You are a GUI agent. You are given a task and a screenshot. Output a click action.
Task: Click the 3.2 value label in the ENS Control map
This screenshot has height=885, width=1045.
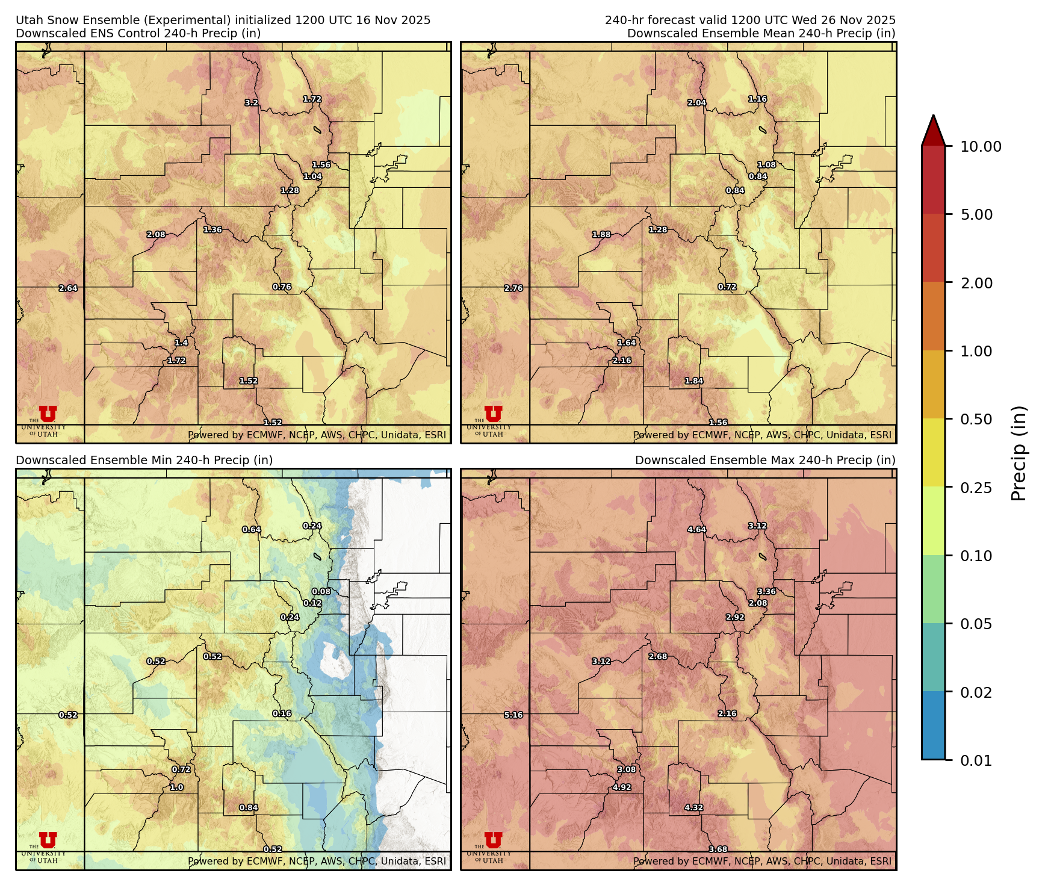(x=251, y=103)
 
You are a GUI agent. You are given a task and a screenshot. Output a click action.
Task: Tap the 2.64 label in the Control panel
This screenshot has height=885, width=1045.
(x=68, y=288)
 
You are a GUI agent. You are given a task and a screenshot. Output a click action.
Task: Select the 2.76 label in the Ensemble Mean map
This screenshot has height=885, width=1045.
(x=513, y=288)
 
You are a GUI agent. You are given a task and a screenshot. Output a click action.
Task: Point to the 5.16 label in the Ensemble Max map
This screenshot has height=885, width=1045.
(x=513, y=715)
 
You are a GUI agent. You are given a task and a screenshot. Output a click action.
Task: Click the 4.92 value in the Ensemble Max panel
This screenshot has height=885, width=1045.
(x=622, y=787)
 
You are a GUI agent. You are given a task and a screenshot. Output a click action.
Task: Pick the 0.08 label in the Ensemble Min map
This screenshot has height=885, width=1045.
(x=321, y=592)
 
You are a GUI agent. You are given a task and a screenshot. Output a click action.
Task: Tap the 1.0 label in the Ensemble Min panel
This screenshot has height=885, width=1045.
(x=176, y=787)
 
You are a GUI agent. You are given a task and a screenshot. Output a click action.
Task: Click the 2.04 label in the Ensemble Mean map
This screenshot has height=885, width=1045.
(x=696, y=103)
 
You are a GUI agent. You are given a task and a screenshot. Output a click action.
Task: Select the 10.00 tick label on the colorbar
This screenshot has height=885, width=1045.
(x=981, y=146)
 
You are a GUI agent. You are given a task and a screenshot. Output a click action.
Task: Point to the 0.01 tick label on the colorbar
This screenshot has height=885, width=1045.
(x=976, y=760)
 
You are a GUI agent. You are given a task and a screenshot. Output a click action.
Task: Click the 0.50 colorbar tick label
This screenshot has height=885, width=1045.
(x=976, y=419)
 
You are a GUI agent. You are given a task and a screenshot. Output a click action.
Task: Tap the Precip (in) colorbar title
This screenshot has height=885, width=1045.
(x=1019, y=453)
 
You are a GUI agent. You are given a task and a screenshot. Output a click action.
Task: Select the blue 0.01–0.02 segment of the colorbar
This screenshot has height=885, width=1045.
(x=933, y=725)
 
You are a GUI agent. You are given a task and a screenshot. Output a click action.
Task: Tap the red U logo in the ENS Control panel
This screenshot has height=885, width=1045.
(x=48, y=414)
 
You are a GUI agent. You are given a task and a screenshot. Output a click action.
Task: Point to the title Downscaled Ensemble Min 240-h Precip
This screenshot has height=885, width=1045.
(x=144, y=460)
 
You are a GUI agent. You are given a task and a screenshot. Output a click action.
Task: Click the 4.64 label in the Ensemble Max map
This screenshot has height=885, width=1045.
(x=696, y=530)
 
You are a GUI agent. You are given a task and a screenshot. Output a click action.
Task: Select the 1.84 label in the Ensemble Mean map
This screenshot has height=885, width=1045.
(x=694, y=381)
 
